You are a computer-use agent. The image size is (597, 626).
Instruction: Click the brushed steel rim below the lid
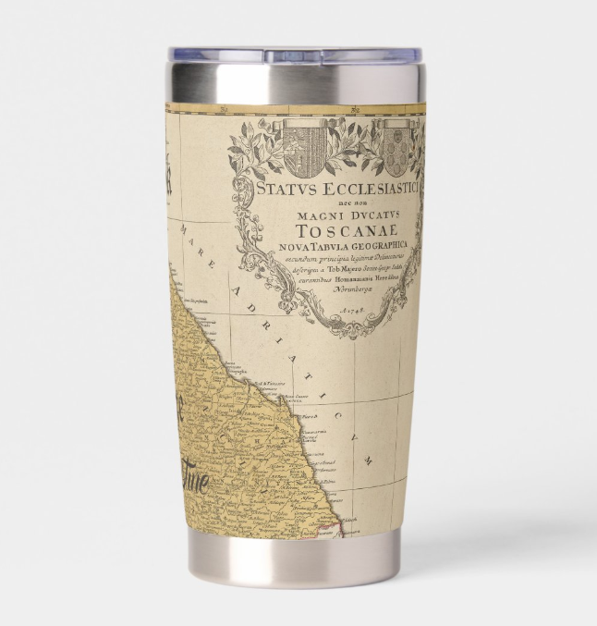(296, 83)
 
